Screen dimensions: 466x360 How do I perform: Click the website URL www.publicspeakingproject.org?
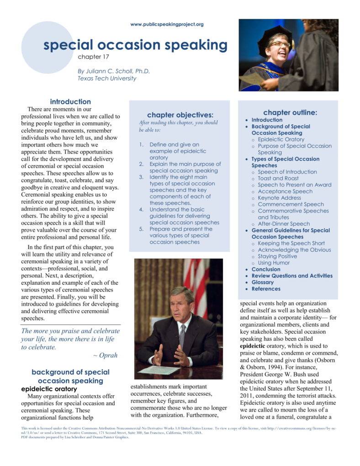[167, 24]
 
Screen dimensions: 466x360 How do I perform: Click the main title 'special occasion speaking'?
[135, 45]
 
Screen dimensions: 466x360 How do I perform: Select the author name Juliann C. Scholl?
[114, 71]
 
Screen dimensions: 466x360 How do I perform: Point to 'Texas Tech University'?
[107, 78]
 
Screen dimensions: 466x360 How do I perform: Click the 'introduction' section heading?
[70, 101]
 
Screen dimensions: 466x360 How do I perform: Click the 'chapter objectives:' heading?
[180, 115]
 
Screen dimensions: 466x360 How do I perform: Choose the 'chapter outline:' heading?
[290, 112]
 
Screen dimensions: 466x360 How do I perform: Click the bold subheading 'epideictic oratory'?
[49, 389]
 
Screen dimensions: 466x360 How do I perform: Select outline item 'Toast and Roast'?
[278, 178]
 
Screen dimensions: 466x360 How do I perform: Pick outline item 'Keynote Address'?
[279, 198]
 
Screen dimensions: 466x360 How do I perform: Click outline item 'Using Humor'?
[274, 263]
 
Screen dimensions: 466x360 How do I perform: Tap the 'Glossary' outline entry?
[263, 282]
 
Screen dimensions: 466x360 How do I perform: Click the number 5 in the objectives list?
[142, 229]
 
